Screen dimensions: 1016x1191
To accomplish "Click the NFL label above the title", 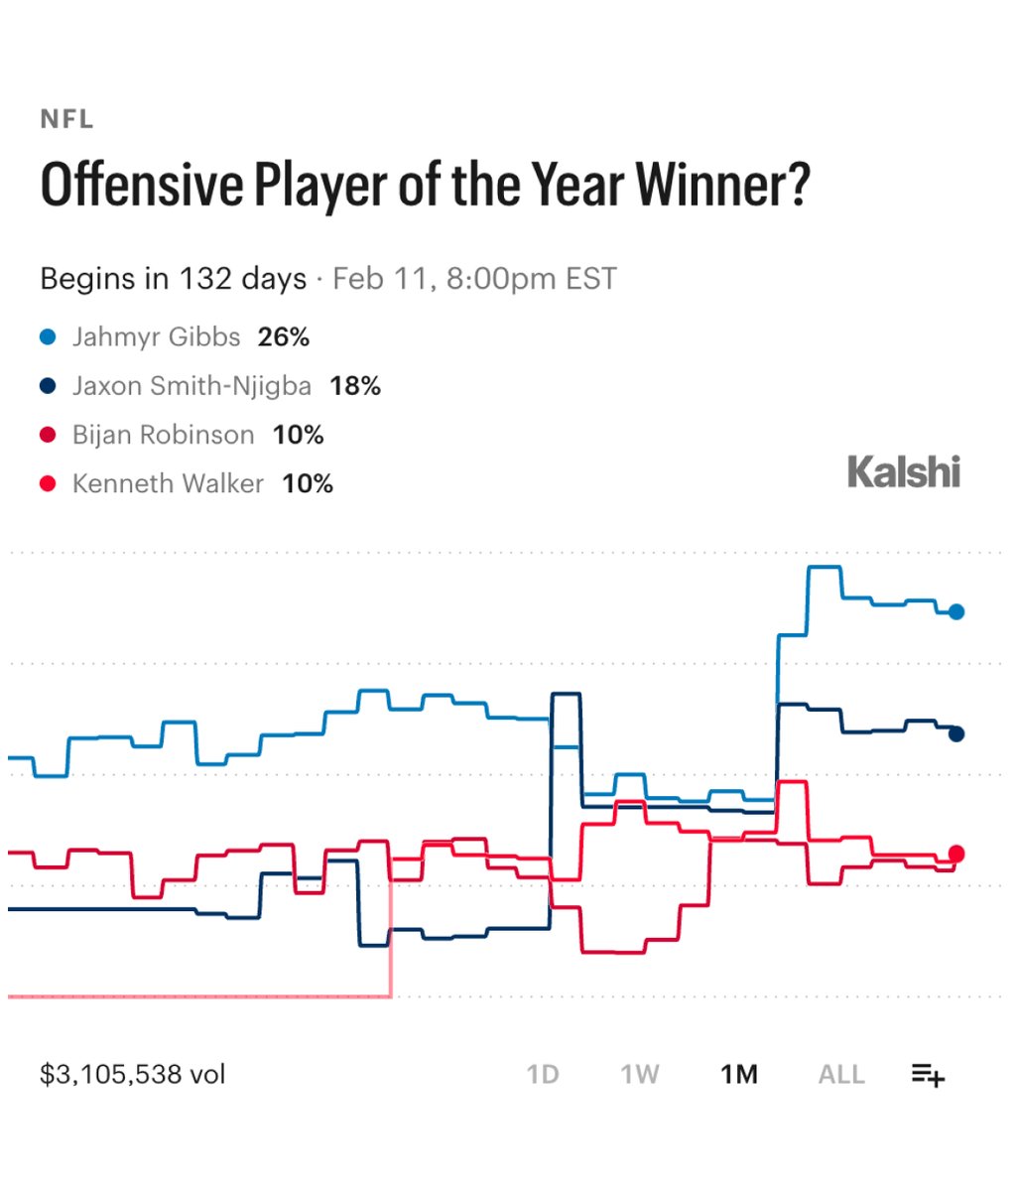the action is pyautogui.click(x=66, y=119).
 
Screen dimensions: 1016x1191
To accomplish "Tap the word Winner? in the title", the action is pyautogui.click(x=723, y=184).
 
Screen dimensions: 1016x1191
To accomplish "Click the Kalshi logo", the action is pyautogui.click(x=904, y=471).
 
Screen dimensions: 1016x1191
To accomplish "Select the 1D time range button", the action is pyautogui.click(x=543, y=1075).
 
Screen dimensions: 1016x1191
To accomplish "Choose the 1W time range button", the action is pyautogui.click(x=639, y=1075).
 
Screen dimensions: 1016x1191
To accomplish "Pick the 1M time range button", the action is pyautogui.click(x=739, y=1075).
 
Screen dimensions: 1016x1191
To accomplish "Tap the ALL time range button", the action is pyautogui.click(x=841, y=1075).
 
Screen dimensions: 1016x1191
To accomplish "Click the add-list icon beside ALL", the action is pyautogui.click(x=928, y=1075).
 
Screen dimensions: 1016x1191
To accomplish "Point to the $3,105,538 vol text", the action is pyautogui.click(x=133, y=1075).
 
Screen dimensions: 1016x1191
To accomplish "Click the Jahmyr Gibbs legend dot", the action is pyautogui.click(x=48, y=337).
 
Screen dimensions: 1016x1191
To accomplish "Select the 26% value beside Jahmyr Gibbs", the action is pyautogui.click(x=284, y=337).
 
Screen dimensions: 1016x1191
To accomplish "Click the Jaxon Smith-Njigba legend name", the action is pyautogui.click(x=191, y=386).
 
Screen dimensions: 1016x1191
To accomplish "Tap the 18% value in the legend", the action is pyautogui.click(x=355, y=386).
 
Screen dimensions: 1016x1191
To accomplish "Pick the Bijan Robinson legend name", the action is pyautogui.click(x=164, y=435).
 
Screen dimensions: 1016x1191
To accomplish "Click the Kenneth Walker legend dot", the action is pyautogui.click(x=48, y=483).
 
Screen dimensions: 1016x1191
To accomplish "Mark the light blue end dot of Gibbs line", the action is pyautogui.click(x=956, y=612).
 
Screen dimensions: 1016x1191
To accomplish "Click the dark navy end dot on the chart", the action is pyautogui.click(x=956, y=734).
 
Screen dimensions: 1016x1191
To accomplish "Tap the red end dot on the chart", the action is pyautogui.click(x=956, y=854).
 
